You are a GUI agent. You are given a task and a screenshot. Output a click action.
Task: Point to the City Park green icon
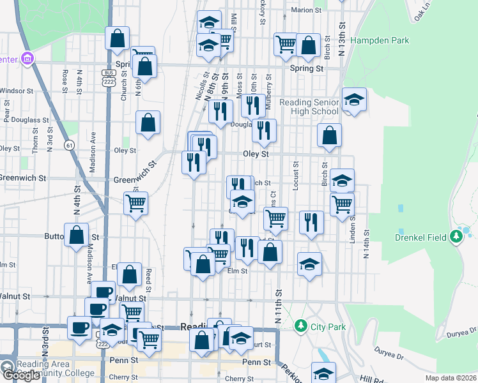tap(301, 327)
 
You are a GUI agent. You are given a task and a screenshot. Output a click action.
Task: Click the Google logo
tap(20, 375)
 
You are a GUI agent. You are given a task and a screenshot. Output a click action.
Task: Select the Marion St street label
tap(306, 10)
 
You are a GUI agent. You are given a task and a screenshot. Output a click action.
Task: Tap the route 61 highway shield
tap(69, 146)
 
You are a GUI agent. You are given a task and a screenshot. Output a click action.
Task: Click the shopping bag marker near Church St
tap(118, 38)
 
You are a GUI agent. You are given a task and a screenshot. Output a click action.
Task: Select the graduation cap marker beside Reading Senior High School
tap(354, 100)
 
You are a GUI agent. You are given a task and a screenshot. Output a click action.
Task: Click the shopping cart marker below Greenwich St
tap(135, 204)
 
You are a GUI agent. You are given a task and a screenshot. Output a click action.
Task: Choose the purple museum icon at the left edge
tap(27, 59)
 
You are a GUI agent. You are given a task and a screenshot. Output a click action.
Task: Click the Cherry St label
tap(123, 377)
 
